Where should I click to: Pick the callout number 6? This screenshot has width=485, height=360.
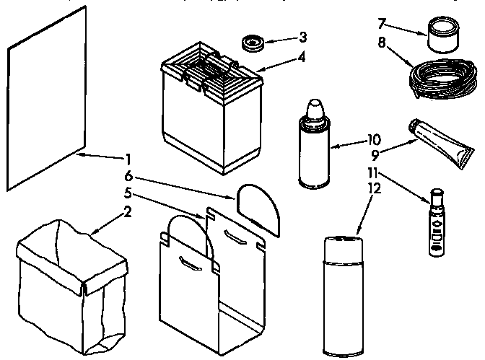click(x=128, y=175)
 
